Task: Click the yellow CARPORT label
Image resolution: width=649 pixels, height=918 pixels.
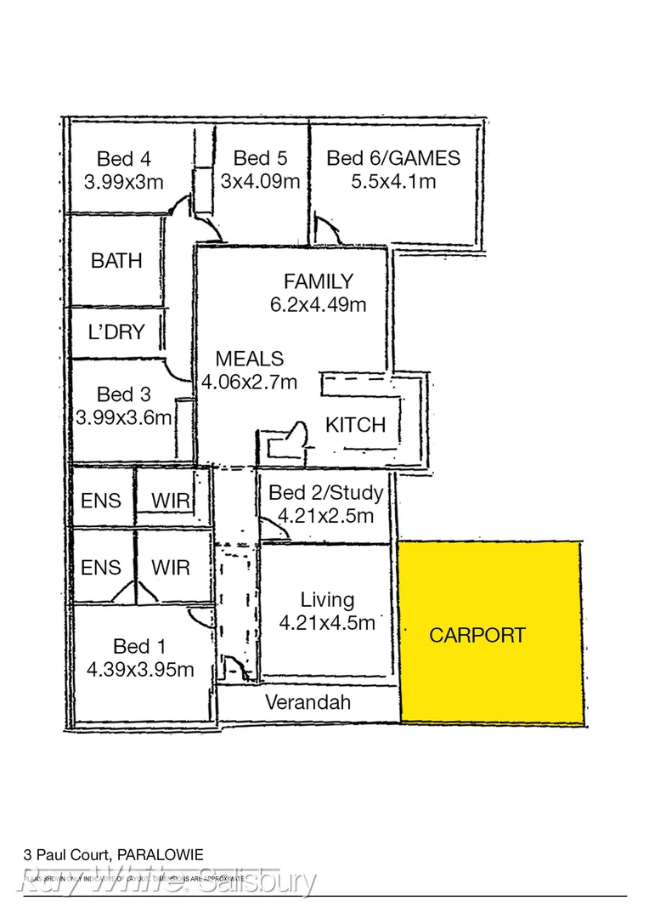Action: click(x=477, y=635)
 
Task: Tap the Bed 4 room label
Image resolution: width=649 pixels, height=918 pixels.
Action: click(x=123, y=158)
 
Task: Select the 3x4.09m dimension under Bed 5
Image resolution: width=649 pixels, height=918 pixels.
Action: click(x=260, y=181)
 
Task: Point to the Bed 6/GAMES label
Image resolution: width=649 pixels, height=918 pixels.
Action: click(x=393, y=157)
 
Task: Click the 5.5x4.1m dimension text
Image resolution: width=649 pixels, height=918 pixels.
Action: click(x=393, y=181)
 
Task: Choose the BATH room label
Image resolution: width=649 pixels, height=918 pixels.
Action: click(x=116, y=261)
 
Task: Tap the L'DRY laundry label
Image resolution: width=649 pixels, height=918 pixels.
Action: click(x=116, y=332)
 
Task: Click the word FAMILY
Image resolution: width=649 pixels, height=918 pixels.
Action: click(x=318, y=281)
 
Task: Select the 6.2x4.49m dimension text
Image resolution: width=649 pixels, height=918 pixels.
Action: click(x=318, y=304)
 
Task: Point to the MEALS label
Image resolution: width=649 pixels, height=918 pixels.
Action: click(x=249, y=359)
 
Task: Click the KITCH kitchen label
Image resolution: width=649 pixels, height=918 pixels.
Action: click(x=355, y=425)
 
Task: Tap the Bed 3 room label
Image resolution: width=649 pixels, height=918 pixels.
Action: click(x=123, y=394)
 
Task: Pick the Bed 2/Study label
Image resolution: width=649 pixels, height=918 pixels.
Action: click(x=325, y=492)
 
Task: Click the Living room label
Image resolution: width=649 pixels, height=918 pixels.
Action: click(x=327, y=600)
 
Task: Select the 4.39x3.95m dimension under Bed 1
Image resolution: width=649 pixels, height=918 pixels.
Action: click(x=140, y=670)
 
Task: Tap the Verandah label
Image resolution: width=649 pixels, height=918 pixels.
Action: click(x=308, y=703)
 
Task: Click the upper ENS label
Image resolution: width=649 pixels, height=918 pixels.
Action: click(x=101, y=501)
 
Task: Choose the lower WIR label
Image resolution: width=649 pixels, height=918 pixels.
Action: click(x=170, y=567)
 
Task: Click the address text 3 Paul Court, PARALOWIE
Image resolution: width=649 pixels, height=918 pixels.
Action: click(x=113, y=854)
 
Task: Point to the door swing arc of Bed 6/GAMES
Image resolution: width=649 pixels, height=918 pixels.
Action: click(x=327, y=229)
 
